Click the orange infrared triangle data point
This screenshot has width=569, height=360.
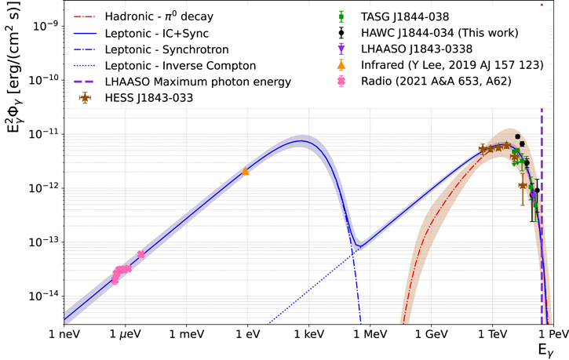(246, 171)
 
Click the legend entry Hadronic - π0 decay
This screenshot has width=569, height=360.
(159, 16)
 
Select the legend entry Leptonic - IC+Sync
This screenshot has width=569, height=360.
(157, 34)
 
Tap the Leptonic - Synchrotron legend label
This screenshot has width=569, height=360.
(167, 49)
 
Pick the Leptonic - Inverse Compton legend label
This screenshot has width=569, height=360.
(181, 66)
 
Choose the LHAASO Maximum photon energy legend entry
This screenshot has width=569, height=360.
(198, 82)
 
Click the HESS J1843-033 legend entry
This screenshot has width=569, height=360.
(149, 98)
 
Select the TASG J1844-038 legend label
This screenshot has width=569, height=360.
(405, 16)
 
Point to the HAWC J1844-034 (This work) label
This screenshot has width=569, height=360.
(440, 33)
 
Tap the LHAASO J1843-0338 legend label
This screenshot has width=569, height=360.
(417, 49)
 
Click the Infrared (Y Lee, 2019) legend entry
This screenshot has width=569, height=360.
(452, 65)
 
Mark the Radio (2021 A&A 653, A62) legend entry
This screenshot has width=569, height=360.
(436, 82)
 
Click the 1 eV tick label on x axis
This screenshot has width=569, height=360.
(248, 334)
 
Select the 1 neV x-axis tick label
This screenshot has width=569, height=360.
(64, 334)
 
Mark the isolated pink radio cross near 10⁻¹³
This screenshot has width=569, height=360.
(140, 254)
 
